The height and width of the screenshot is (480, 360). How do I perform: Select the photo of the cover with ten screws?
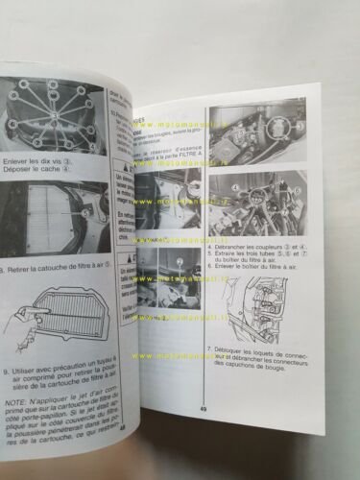(53, 120)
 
